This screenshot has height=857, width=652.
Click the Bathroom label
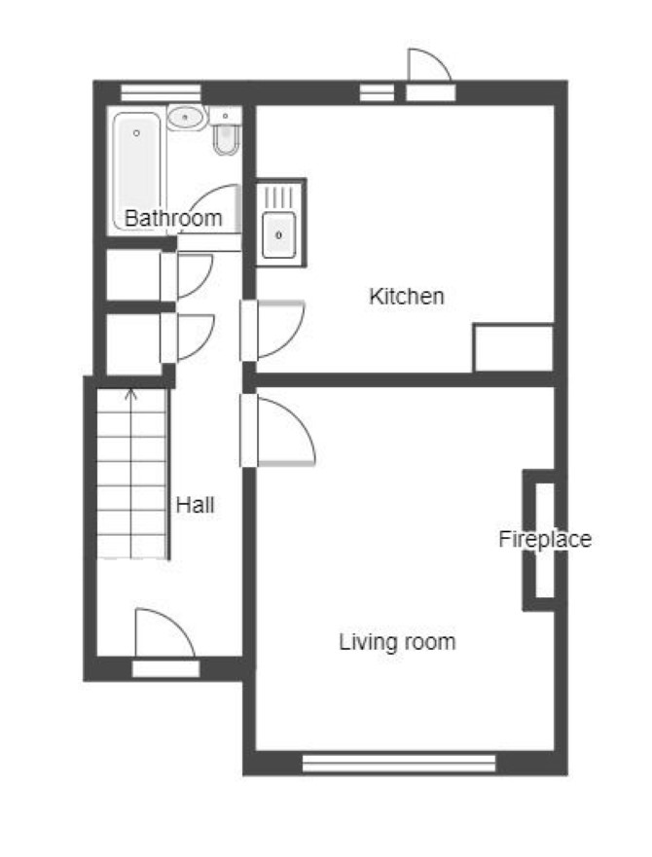(173, 218)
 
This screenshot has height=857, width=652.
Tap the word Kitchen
(407, 297)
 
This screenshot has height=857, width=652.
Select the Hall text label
(195, 505)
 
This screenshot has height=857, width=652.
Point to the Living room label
(397, 642)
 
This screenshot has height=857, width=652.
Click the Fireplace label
(545, 540)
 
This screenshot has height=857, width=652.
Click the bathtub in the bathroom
(137, 170)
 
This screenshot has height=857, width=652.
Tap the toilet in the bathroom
(226, 131)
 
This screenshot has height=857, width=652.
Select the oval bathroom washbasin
(187, 118)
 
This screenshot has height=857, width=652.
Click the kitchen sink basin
(279, 235)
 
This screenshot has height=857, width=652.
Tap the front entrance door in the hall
(164, 634)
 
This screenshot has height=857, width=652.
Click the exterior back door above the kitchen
(430, 65)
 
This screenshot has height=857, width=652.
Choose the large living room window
(399, 763)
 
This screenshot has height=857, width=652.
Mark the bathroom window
(161, 92)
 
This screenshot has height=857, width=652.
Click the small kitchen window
(377, 92)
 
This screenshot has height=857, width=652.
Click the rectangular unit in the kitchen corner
(513, 348)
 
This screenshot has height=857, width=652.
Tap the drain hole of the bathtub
(137, 133)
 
